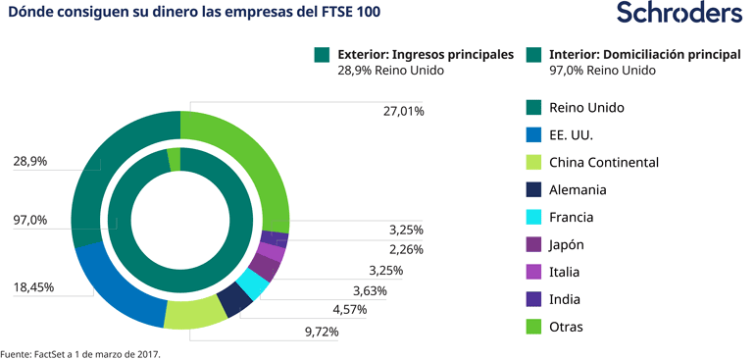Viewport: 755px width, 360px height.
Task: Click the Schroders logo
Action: point(679,14)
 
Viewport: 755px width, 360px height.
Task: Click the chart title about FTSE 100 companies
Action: point(195,13)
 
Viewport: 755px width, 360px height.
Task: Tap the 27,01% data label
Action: point(403,112)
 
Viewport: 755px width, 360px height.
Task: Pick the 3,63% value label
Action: point(370,290)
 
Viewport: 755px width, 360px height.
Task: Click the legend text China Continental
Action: point(603,162)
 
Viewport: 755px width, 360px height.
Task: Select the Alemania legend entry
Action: point(578,189)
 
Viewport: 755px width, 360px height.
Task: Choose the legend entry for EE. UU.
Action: point(571,134)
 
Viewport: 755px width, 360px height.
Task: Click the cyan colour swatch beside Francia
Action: point(533,217)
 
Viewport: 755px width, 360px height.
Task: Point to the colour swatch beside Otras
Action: point(533,327)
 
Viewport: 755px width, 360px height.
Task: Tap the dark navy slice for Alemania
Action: point(233,300)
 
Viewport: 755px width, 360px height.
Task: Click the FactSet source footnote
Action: point(80,352)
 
